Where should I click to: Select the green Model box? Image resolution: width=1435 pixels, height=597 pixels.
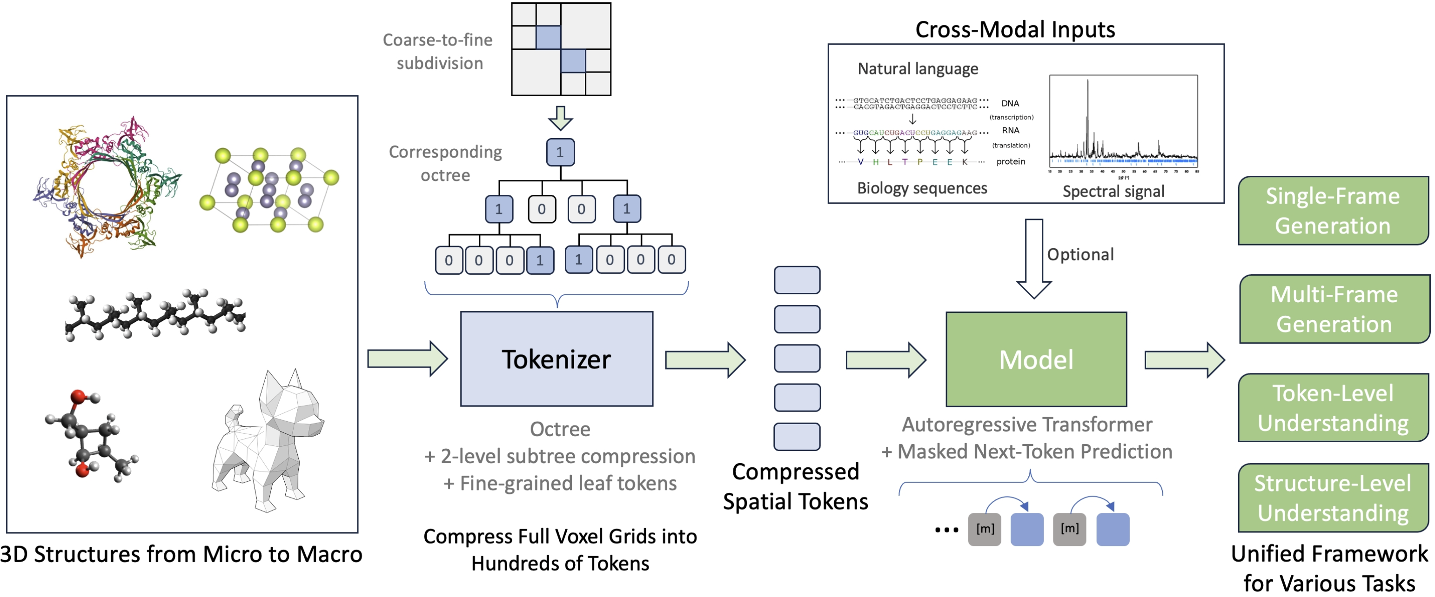click(x=1036, y=359)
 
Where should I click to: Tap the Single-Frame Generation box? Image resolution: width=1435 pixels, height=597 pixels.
click(x=1333, y=211)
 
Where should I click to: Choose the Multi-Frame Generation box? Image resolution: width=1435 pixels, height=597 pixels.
click(x=1334, y=309)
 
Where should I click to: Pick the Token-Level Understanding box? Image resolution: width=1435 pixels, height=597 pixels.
click(x=1333, y=408)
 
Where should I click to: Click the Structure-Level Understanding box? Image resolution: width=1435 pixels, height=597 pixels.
click(x=1333, y=497)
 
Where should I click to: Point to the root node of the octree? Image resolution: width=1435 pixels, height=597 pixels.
click(x=560, y=152)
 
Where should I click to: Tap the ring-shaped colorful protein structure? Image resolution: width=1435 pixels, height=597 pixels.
click(x=106, y=186)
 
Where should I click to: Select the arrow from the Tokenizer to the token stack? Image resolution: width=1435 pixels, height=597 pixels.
click(x=704, y=360)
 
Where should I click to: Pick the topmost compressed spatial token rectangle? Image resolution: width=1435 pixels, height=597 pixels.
click(x=797, y=280)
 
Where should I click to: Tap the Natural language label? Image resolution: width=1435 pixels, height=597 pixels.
click(x=918, y=68)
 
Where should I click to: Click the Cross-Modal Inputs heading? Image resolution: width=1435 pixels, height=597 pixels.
click(x=1014, y=29)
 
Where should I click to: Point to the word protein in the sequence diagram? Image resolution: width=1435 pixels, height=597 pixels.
click(x=1011, y=161)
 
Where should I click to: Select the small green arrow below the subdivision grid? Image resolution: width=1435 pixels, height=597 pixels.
click(x=560, y=118)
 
